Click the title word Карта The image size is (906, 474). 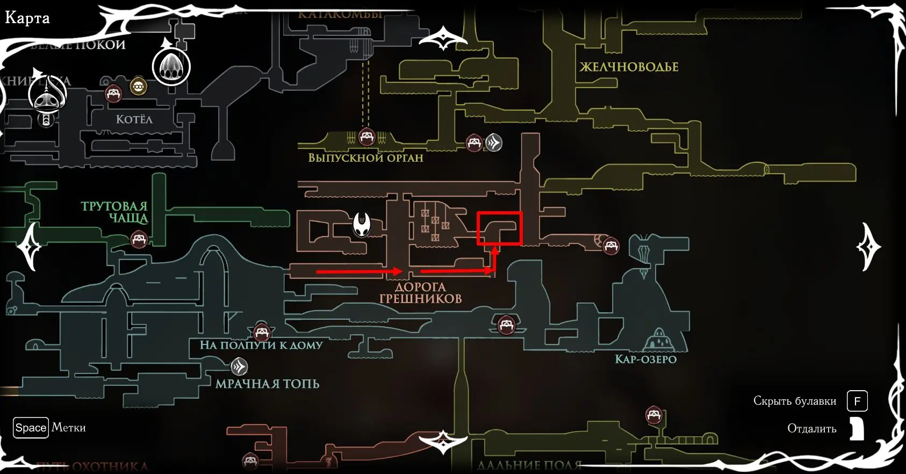click(x=27, y=18)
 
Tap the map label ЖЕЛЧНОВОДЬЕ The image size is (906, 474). click(x=629, y=67)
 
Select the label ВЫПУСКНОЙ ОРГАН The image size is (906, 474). click(x=365, y=158)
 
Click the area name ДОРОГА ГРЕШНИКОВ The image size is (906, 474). click(x=420, y=293)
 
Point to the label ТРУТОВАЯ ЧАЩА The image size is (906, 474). click(x=114, y=212)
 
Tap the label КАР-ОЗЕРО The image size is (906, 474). click(x=645, y=359)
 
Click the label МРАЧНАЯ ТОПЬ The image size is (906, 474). click(x=267, y=384)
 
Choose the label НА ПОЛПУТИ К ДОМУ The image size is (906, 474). click(x=261, y=345)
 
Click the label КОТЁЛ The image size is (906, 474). click(x=134, y=119)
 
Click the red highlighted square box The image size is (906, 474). click(x=500, y=228)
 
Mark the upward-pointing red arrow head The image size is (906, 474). click(x=495, y=250)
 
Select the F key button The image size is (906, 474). click(x=857, y=401)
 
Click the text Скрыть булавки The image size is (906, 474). click(x=794, y=401)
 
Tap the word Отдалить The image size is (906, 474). click(x=811, y=428)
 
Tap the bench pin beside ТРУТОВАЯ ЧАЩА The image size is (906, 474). click(x=139, y=239)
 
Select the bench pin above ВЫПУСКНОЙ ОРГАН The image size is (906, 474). click(x=366, y=137)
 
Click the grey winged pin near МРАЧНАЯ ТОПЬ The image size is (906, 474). click(x=239, y=367)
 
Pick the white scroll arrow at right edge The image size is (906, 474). click(x=867, y=247)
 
